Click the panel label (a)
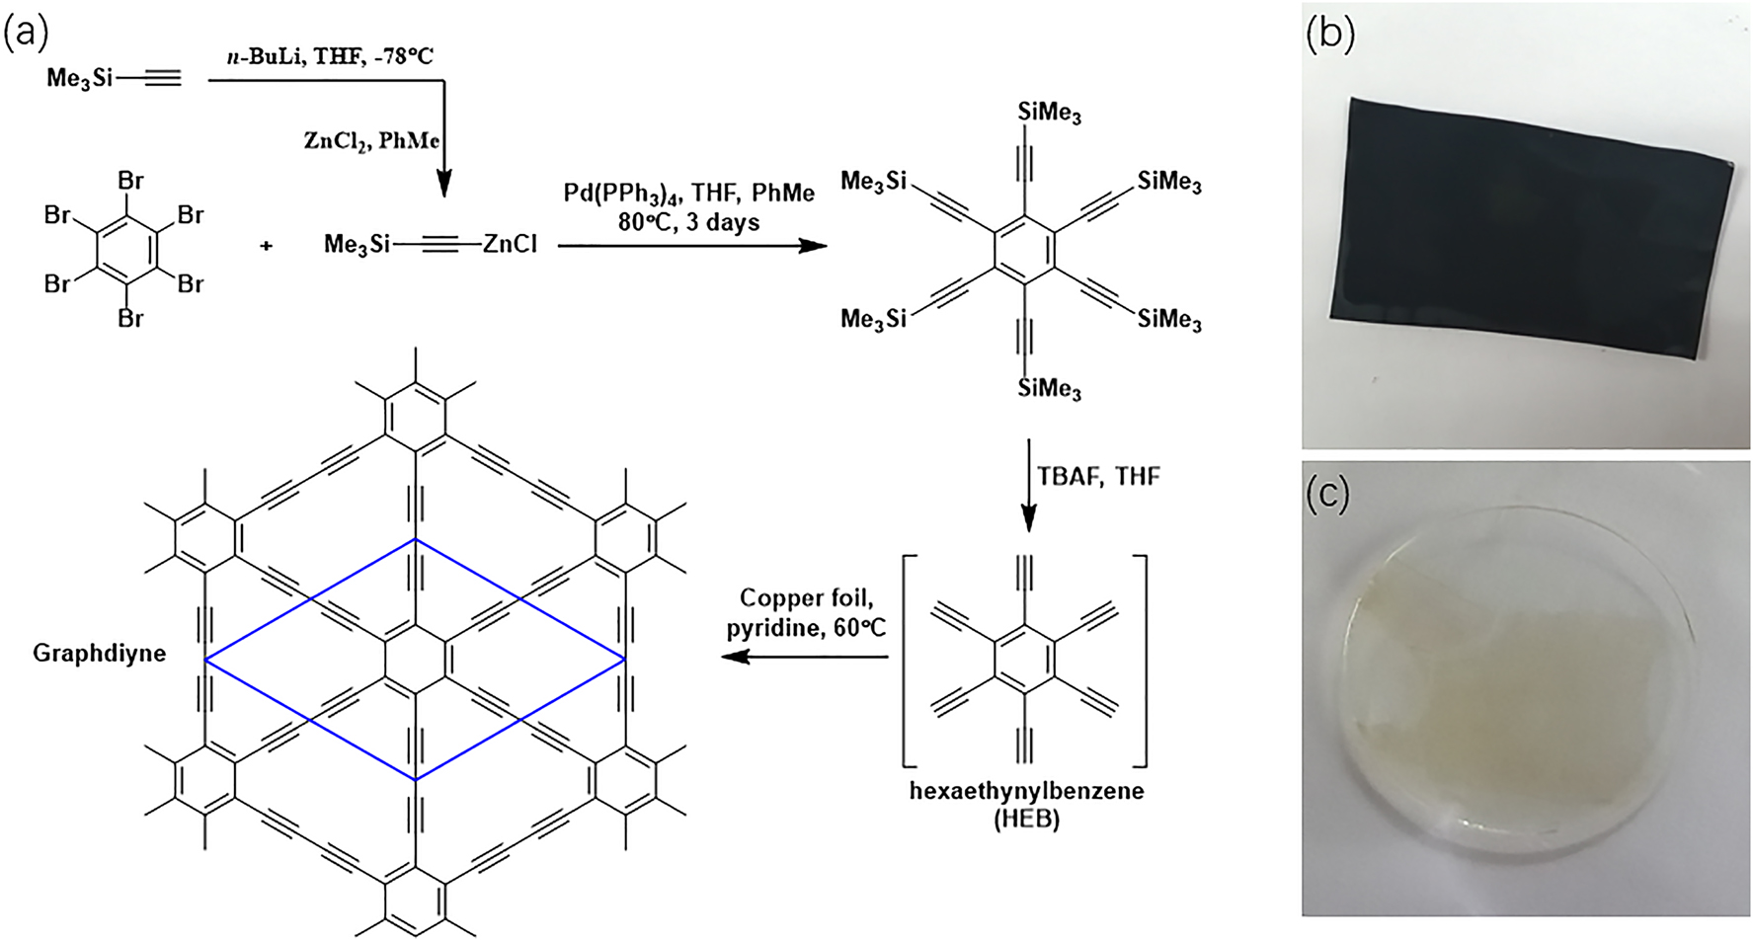click(x=26, y=32)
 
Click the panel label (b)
click(x=1329, y=34)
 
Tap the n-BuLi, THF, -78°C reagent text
click(x=330, y=56)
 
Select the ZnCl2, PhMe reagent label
click(x=370, y=141)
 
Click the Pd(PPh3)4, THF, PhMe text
click(x=688, y=193)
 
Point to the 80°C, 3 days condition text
click(x=688, y=222)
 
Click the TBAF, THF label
click(x=1098, y=477)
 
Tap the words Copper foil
click(x=806, y=597)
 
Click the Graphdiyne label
click(x=99, y=653)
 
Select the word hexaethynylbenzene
click(x=1026, y=791)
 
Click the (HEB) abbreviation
click(x=1026, y=819)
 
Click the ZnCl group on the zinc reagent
click(x=510, y=244)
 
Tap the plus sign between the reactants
click(x=266, y=245)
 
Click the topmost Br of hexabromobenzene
click(x=130, y=181)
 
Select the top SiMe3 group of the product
click(x=1049, y=113)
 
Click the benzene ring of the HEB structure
click(x=1025, y=658)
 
